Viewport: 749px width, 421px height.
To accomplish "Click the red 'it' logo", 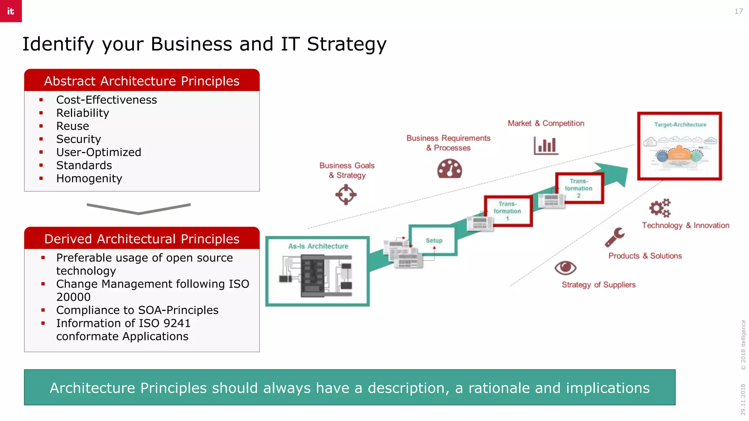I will point(11,11).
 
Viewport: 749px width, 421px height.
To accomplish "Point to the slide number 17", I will point(738,11).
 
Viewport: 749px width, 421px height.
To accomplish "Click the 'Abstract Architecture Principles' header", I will point(142,81).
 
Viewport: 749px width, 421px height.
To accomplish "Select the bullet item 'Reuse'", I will point(72,126).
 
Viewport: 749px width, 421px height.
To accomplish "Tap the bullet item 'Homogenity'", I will point(89,178).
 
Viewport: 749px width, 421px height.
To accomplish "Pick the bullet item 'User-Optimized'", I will point(98,152).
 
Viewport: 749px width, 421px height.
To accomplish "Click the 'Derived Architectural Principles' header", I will point(142,239).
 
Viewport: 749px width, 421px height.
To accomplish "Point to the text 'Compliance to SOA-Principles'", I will point(137,310).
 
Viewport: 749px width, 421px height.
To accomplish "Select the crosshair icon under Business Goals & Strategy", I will point(346,194).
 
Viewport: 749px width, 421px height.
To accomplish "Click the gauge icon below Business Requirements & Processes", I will point(449,169).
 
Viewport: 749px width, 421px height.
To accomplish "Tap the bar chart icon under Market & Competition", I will point(546,145).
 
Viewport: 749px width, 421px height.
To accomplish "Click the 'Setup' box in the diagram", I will point(434,240).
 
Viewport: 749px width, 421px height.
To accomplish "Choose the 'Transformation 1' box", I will point(508,211).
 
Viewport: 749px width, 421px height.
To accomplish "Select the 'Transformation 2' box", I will point(579,188).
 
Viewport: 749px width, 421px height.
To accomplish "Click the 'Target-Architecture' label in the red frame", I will point(680,125).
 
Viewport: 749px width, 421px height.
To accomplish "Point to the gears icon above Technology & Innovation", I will point(660,208).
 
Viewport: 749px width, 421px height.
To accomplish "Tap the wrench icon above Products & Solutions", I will point(615,237).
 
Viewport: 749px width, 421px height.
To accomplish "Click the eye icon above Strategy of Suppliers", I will point(565,268).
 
